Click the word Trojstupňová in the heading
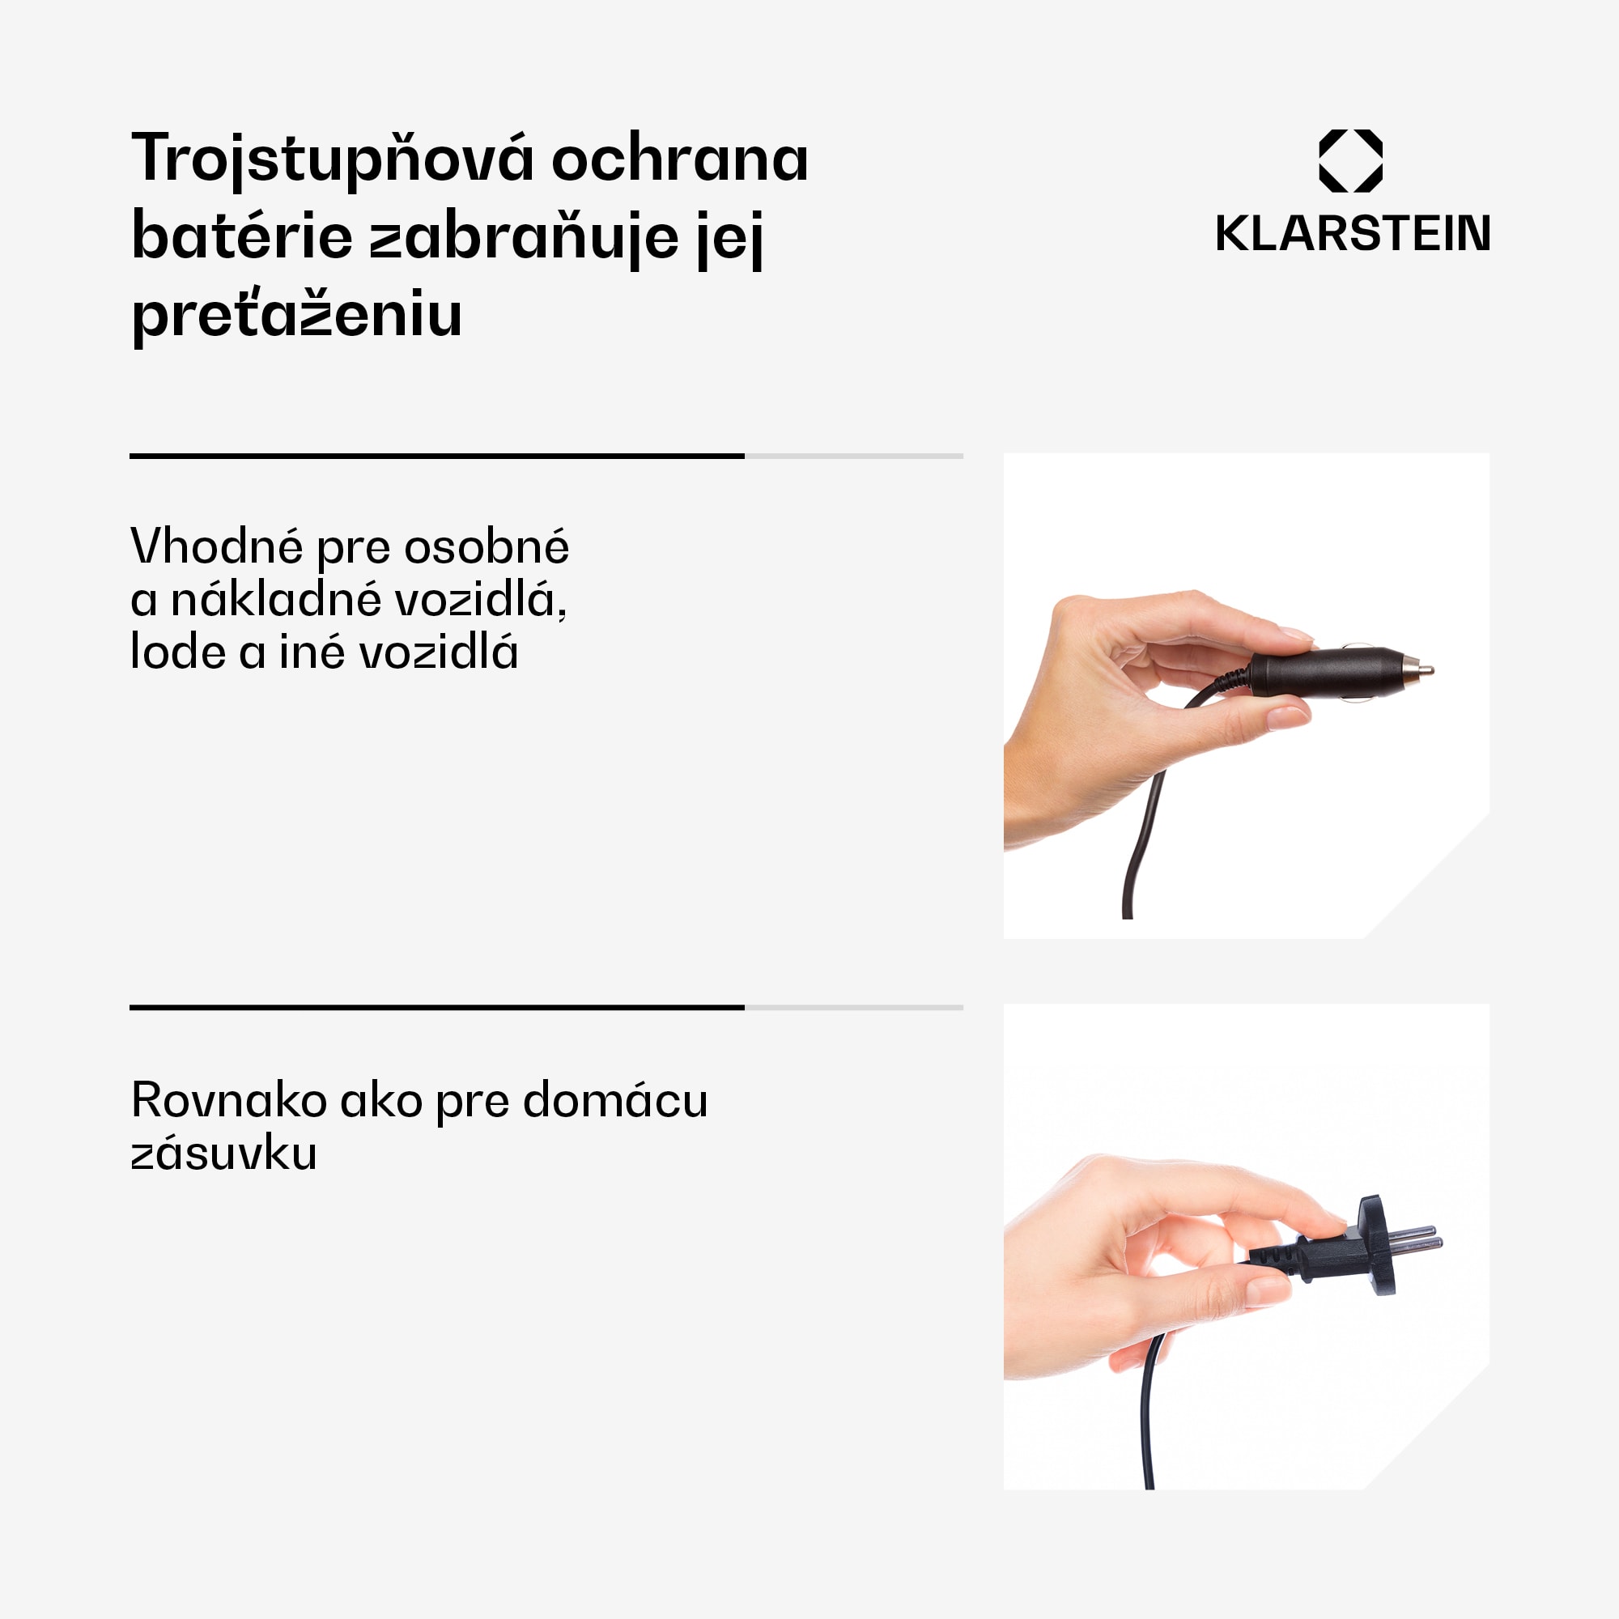[x=333, y=159]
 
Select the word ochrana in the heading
[x=680, y=159]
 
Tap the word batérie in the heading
[x=242, y=237]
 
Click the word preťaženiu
[x=296, y=315]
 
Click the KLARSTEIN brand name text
[x=1353, y=234]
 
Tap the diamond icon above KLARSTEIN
[x=1351, y=161]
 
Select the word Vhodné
[x=216, y=547]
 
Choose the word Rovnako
[x=229, y=1099]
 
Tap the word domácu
[x=615, y=1099]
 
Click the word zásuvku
[x=223, y=1153]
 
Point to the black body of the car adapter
[x=1324, y=672]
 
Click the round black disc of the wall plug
[x=1378, y=1245]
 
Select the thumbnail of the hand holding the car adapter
[x=1246, y=695]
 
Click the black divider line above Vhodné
[x=436, y=456]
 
